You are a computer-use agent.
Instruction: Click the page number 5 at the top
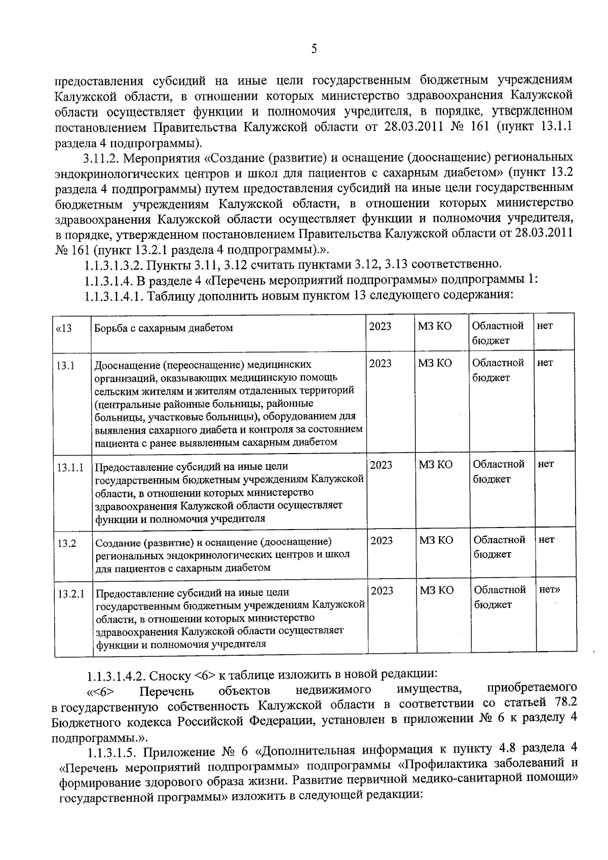(314, 49)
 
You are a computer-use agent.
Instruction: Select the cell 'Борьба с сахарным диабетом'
(164, 328)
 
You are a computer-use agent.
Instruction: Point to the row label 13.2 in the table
(67, 543)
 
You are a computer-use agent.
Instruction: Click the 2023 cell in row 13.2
(382, 541)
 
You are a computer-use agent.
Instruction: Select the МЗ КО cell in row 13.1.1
(436, 465)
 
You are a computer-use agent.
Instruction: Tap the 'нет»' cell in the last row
(550, 590)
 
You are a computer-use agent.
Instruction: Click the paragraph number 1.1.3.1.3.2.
(112, 265)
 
